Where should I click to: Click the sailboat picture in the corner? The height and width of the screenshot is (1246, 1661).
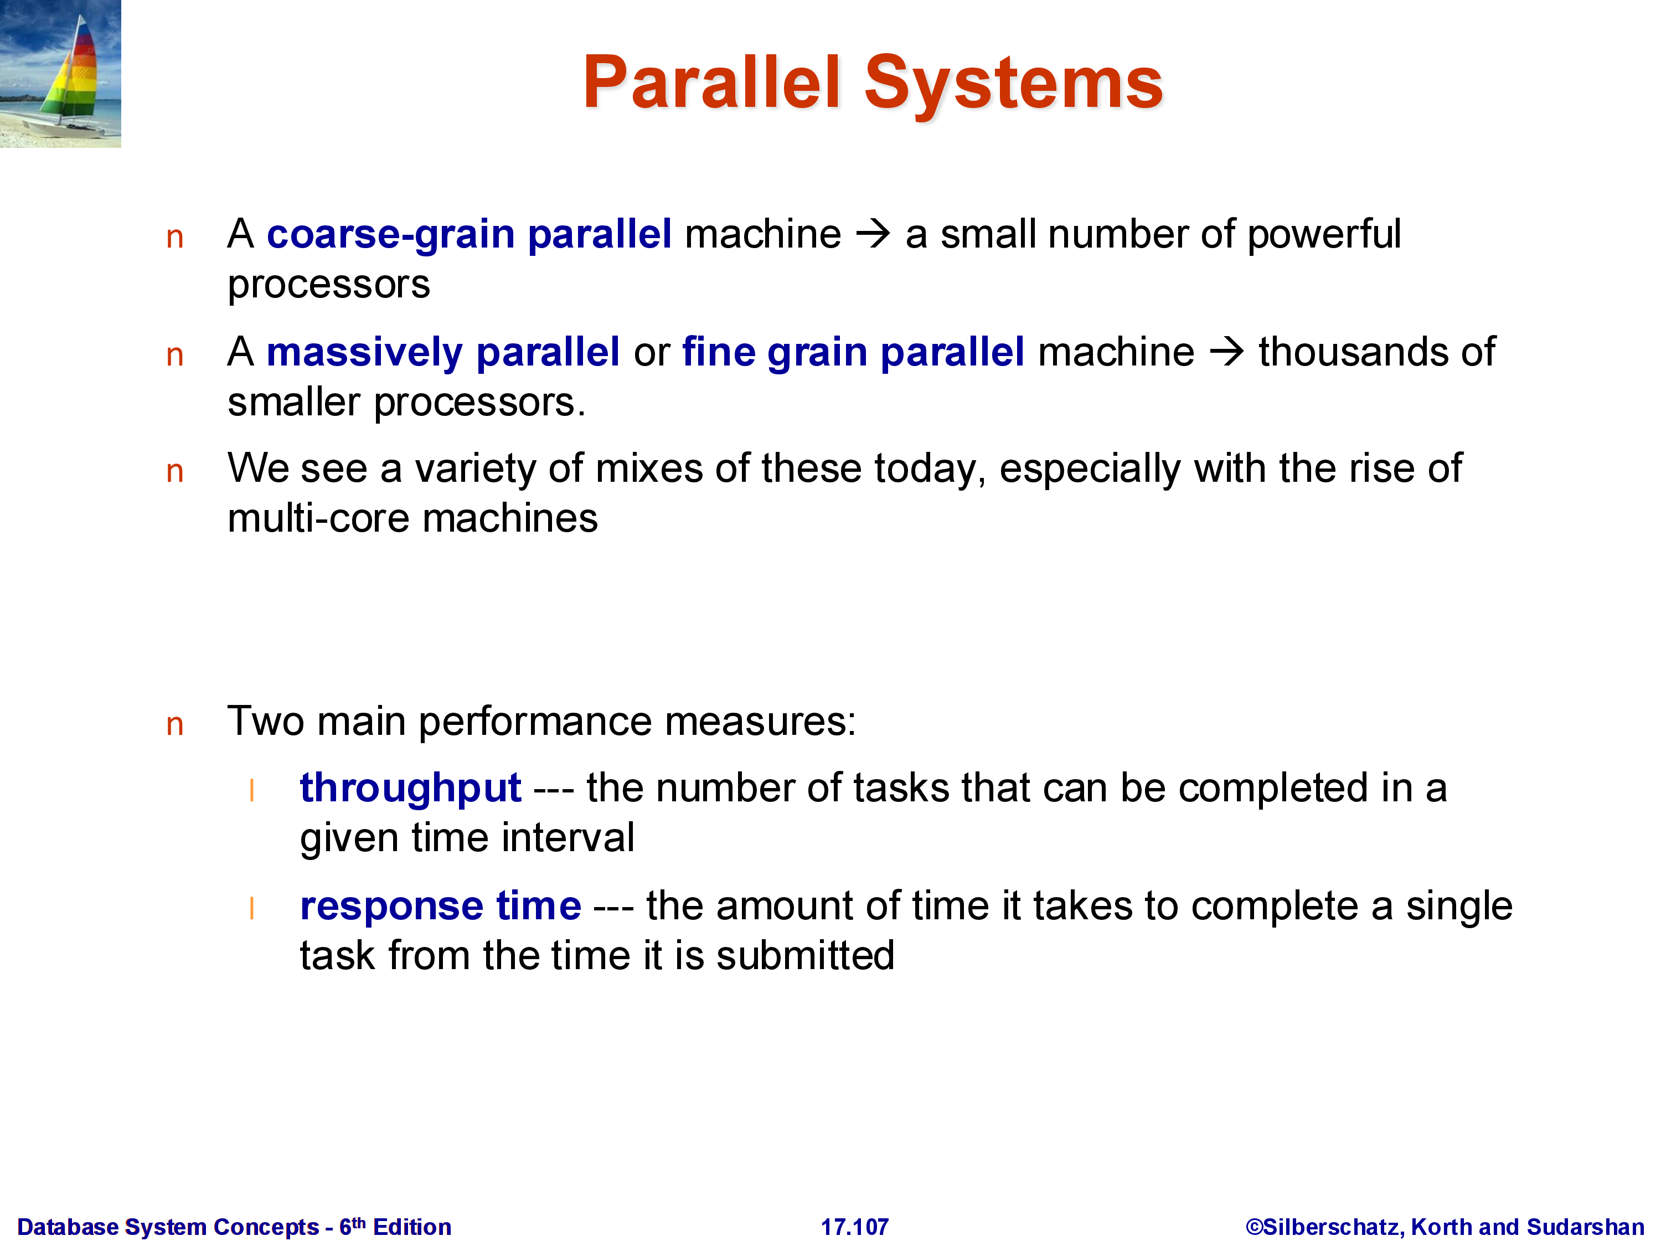pyautogui.click(x=60, y=74)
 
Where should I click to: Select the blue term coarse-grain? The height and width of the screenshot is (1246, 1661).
pyautogui.click(x=390, y=234)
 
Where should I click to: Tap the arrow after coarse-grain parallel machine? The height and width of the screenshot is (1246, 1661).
pyautogui.click(x=873, y=234)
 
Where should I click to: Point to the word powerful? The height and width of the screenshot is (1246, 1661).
pyautogui.click(x=1324, y=234)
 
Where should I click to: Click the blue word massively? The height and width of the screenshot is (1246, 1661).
pyautogui.click(x=365, y=352)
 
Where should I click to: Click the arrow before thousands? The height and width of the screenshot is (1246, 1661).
pyautogui.click(x=1227, y=352)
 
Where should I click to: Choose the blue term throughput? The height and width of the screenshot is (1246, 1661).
pyautogui.click(x=410, y=789)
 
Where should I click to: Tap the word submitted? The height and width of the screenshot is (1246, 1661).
pyautogui.click(x=805, y=955)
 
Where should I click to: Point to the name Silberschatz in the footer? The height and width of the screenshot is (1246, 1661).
pyautogui.click(x=1330, y=1227)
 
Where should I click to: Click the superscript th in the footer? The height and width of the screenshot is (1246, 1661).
pyautogui.click(x=359, y=1222)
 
